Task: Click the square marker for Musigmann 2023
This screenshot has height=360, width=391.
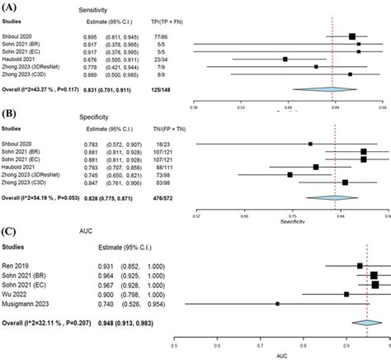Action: [x=278, y=327]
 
